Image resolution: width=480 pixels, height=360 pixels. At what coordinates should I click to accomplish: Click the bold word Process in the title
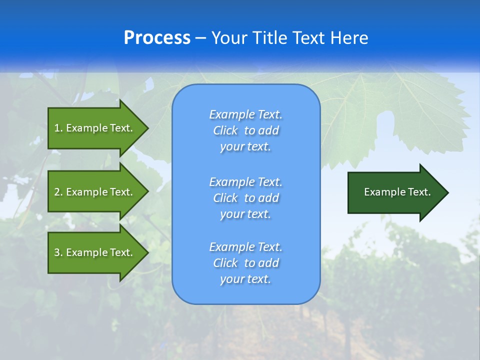tap(157, 38)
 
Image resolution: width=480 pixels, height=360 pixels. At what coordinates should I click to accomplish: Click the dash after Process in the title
tap(200, 38)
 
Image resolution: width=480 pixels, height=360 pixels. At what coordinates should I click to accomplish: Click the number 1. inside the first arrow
tap(58, 128)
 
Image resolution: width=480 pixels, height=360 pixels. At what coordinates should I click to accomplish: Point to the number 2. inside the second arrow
tap(58, 192)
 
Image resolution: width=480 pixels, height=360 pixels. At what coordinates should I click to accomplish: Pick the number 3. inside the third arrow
tap(58, 252)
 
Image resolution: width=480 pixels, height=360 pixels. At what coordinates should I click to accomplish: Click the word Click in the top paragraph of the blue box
tap(225, 130)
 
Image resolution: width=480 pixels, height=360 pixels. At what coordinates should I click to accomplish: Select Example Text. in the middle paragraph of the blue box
tap(245, 181)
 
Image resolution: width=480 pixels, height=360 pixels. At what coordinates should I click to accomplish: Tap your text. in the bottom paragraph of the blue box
tap(245, 279)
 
